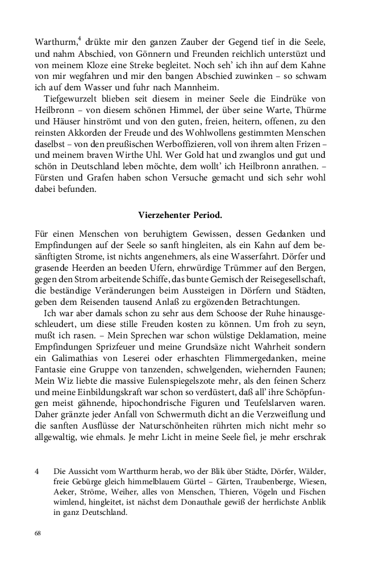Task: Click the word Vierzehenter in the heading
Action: click(x=163, y=215)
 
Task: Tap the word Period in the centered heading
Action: click(x=206, y=215)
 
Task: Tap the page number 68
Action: click(x=38, y=534)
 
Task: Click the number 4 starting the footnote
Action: click(x=37, y=471)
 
